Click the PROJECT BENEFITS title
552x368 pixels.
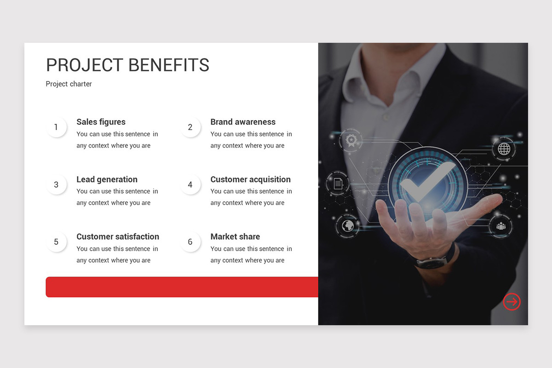coord(127,65)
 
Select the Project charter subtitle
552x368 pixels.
coord(69,84)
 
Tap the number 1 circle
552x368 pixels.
coord(56,127)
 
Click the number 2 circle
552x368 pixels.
coord(190,127)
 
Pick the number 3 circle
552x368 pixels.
coord(56,185)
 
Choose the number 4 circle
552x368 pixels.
coord(190,185)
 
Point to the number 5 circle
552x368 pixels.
coord(56,242)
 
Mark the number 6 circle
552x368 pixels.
coord(190,242)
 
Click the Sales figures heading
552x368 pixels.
coord(101,122)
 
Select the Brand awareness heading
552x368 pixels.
coord(243,122)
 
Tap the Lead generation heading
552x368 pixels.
coord(107,179)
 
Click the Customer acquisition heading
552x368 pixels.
coord(250,179)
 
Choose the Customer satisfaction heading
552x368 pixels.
coord(118,236)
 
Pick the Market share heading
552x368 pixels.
coord(235,236)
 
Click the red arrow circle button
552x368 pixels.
coord(512,302)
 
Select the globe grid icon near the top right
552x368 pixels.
coord(504,149)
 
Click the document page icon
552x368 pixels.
coord(338,184)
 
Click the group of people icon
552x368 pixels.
coord(500,226)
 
